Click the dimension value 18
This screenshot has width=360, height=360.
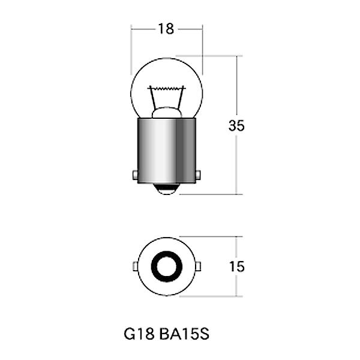coord(166,28)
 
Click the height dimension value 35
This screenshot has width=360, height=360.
coord(237,126)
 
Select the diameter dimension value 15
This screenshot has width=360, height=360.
coord(237,266)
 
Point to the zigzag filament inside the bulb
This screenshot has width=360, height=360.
coord(166,89)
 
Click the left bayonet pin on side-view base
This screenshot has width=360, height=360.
coord(134,175)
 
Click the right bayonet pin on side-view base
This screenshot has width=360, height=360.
coord(199,175)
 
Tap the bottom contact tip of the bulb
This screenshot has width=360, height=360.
coord(166,189)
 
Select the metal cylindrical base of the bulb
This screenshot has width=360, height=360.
coord(166,150)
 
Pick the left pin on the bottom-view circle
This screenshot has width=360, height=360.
coord(134,266)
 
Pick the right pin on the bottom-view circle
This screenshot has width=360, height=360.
coord(199,266)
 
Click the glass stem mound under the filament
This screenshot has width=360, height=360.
coord(166,112)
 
